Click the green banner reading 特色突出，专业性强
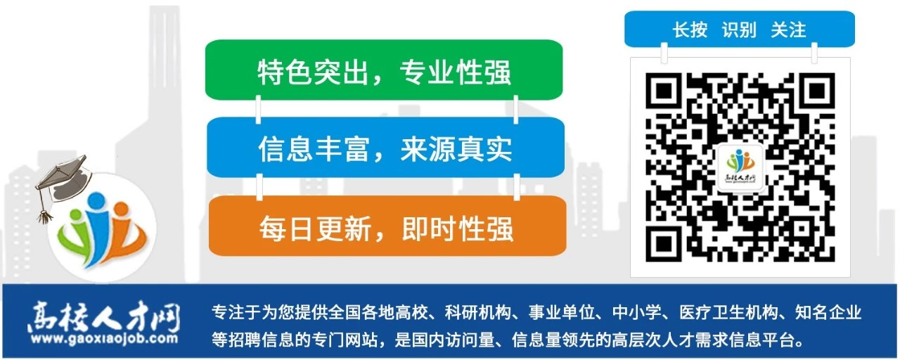click(x=384, y=70)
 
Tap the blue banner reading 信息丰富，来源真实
click(x=386, y=148)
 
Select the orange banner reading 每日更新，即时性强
click(x=387, y=226)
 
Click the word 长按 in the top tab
click(x=690, y=30)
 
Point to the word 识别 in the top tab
click(x=739, y=30)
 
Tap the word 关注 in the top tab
click(x=788, y=30)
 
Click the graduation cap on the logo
click(x=64, y=176)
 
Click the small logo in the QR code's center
click(x=740, y=167)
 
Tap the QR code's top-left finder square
click(x=664, y=91)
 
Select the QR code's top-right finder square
click(x=817, y=91)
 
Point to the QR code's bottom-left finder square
click(x=664, y=244)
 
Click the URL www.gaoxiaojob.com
click(x=104, y=338)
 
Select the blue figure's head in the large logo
click(x=96, y=200)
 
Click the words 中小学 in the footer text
click(x=637, y=313)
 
